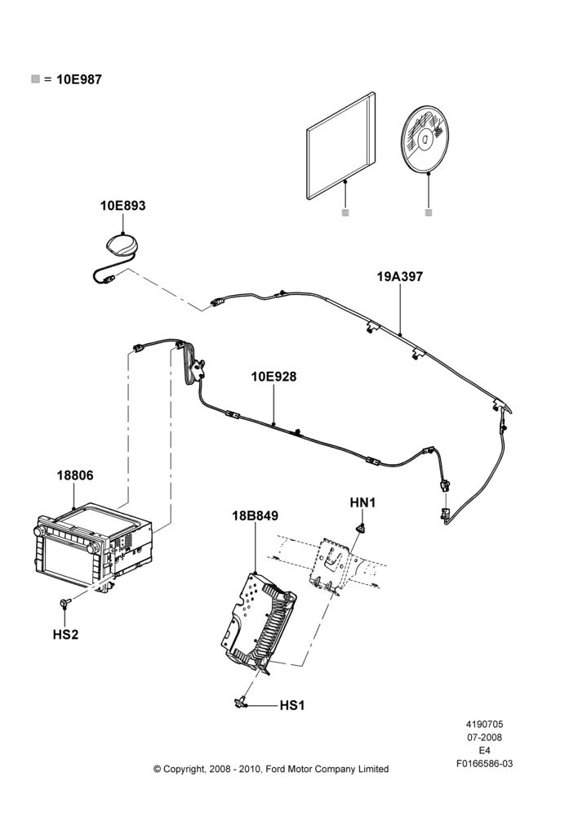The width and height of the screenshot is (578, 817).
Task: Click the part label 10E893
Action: [123, 206]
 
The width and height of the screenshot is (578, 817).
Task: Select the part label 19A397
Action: [400, 277]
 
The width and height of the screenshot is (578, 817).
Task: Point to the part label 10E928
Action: [274, 376]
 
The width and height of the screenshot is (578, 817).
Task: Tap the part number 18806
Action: [75, 475]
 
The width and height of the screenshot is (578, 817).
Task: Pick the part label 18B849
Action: [256, 516]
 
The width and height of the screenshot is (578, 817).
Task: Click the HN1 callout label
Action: [362, 502]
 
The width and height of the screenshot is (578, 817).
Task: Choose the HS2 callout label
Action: [65, 635]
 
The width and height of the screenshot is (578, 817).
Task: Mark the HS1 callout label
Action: [292, 706]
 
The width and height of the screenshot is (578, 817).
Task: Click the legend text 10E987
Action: [79, 80]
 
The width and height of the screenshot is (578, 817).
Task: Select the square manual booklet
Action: [340, 146]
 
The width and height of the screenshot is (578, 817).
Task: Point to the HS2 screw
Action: [64, 604]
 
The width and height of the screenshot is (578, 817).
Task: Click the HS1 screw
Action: [240, 703]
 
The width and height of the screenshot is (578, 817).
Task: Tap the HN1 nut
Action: [360, 529]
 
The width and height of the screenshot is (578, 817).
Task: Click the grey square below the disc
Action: [429, 212]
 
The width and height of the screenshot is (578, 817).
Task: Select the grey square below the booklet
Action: [345, 212]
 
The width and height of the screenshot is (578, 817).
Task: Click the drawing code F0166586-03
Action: [484, 764]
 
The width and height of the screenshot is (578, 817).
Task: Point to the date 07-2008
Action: [484, 737]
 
